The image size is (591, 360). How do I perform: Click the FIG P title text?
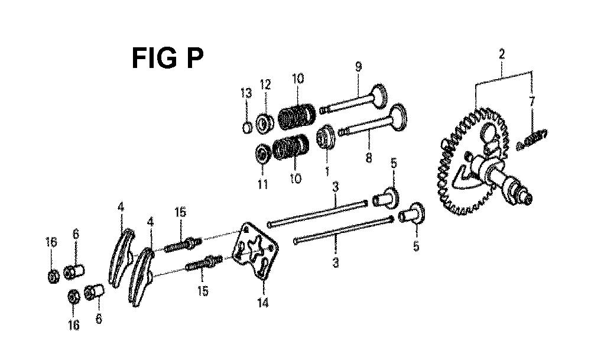coord(168,58)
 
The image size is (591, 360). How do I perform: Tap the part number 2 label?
coord(501,54)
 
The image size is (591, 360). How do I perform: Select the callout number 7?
coord(531,102)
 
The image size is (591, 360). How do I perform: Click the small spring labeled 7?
coord(532,139)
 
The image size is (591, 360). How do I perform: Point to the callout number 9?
coord(358,67)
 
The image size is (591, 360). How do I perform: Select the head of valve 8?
coord(398,116)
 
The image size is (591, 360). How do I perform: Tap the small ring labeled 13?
coord(247,128)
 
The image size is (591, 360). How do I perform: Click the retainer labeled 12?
coord(265,124)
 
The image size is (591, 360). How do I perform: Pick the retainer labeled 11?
coord(264,154)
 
